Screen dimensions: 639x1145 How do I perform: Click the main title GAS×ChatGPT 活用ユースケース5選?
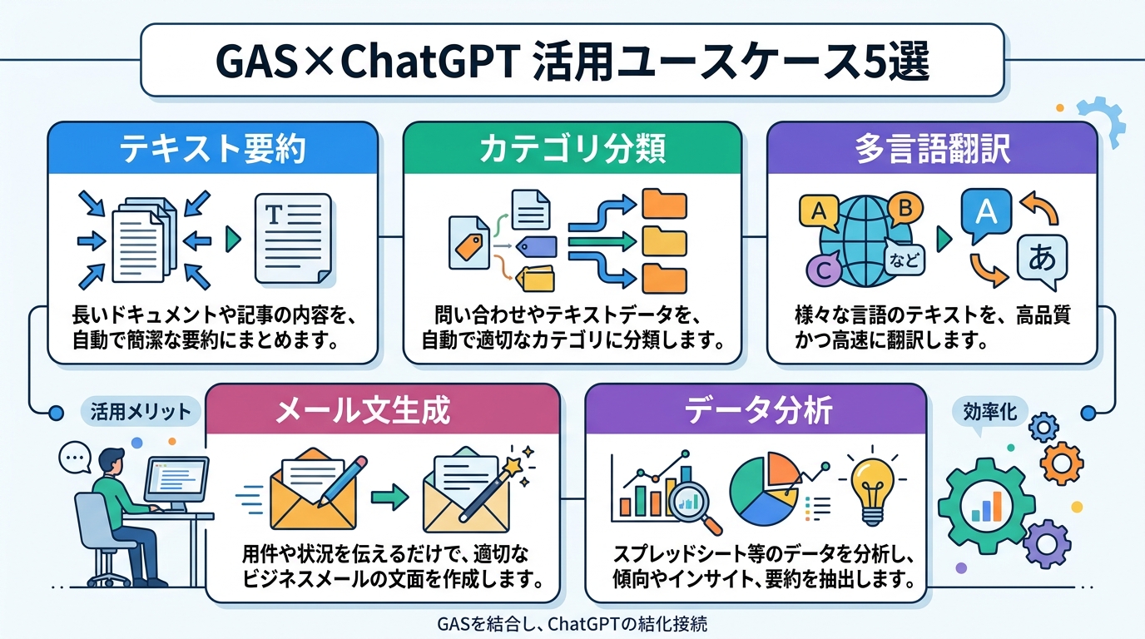572,60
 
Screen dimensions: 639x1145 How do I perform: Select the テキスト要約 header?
212,150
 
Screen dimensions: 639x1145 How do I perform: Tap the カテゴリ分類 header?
572,150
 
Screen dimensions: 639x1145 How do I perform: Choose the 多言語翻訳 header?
931,150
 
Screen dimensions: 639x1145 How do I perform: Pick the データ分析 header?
756,410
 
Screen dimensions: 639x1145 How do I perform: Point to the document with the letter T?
292,234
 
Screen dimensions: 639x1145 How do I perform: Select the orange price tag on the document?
468,244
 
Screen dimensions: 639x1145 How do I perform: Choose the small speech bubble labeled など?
904,261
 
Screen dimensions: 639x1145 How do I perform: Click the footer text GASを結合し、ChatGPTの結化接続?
572,623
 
